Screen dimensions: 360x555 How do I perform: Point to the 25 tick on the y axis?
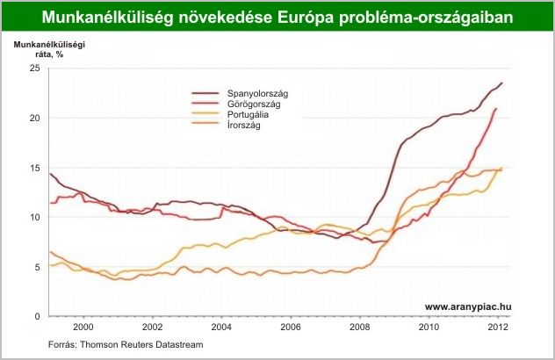click(35, 68)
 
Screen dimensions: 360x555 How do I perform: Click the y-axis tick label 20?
click(35, 119)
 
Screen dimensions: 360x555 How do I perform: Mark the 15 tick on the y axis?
click(35, 168)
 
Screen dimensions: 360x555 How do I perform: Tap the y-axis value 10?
click(35, 218)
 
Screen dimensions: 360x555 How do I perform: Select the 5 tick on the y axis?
click(38, 267)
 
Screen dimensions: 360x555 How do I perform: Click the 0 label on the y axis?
click(38, 316)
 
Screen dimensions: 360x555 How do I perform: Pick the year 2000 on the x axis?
click(83, 328)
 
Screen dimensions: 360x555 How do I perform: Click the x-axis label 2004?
click(221, 328)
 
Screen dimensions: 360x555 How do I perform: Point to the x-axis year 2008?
click(360, 328)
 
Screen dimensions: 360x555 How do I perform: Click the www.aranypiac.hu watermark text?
click(468, 306)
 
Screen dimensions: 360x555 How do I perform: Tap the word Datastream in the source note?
click(176, 345)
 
